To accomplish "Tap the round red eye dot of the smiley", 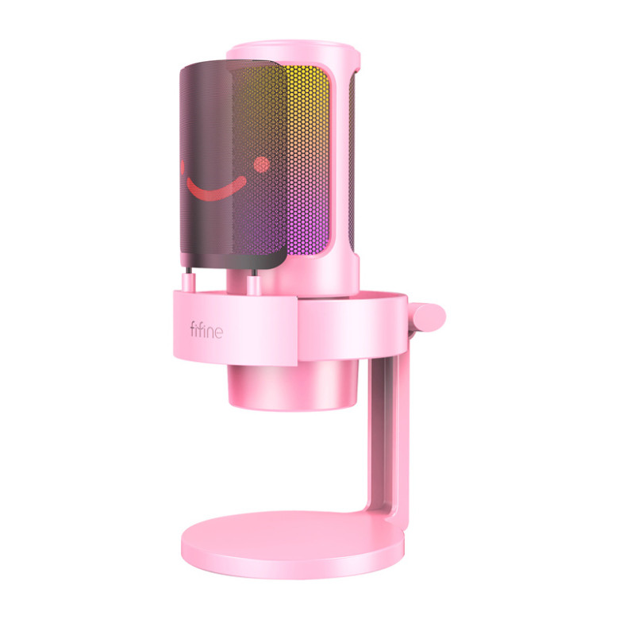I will [x=262, y=163].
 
